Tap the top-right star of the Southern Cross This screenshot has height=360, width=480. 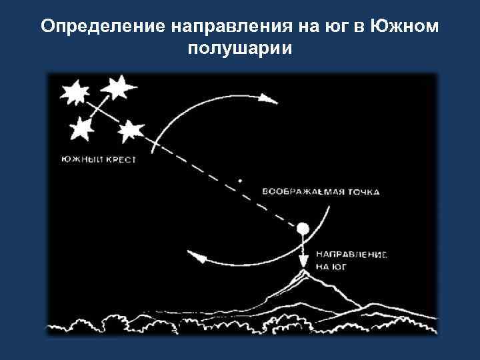[118, 85]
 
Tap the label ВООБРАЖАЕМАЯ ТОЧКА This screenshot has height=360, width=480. [321, 191]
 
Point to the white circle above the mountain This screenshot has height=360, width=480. [303, 229]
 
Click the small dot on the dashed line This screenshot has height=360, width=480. [241, 180]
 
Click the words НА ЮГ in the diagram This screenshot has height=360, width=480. [331, 265]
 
